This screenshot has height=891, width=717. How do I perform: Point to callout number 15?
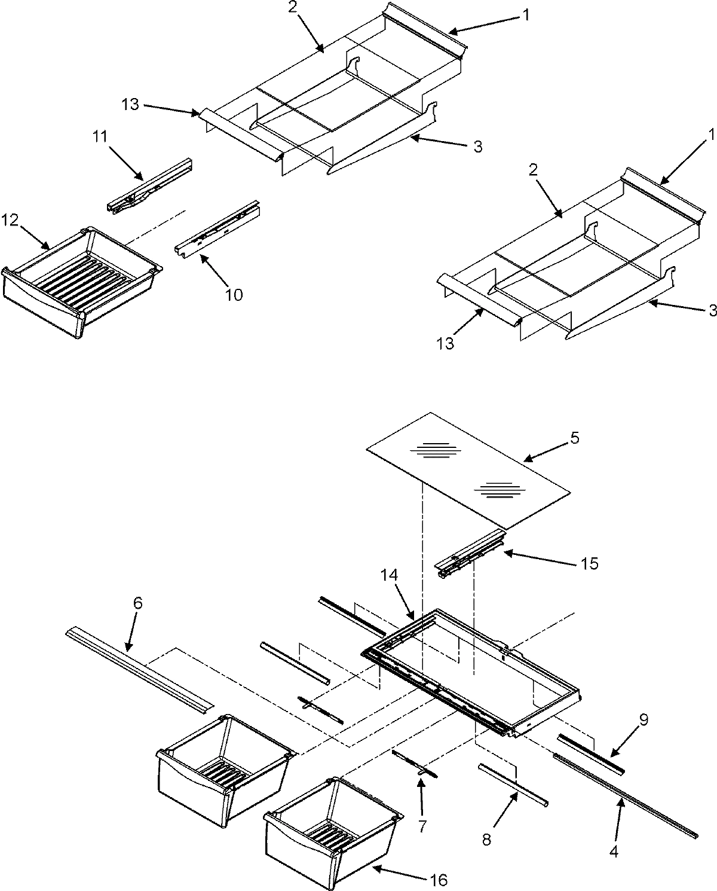589,563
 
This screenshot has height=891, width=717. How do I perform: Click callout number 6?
137,604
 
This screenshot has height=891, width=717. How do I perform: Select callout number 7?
422,826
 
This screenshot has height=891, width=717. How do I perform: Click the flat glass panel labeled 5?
466,472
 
